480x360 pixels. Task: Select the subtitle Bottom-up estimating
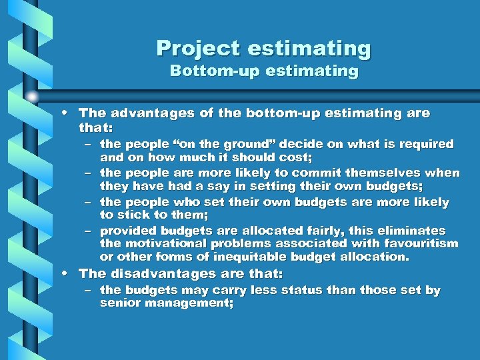pyautogui.click(x=264, y=71)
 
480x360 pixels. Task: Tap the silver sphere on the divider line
pyautogui.click(x=32, y=97)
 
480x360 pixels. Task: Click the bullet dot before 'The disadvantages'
pyautogui.click(x=69, y=274)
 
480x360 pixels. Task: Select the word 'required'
pyautogui.click(x=427, y=144)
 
